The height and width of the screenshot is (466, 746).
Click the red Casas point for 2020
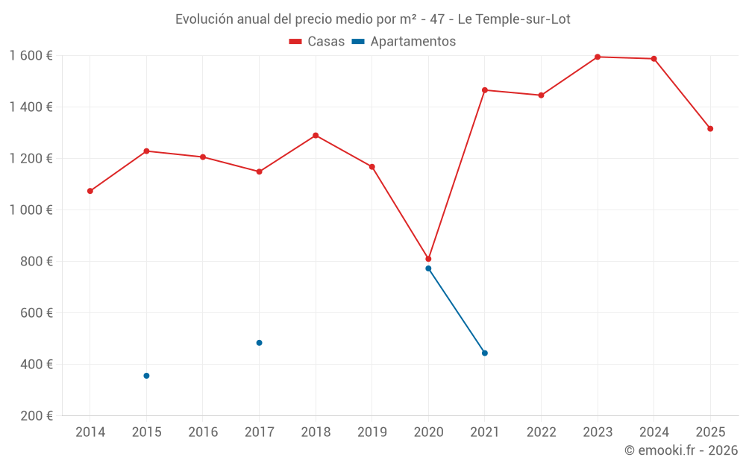coord(428,259)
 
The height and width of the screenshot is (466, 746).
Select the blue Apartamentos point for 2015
coord(146,376)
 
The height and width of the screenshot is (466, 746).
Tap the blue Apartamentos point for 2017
coord(259,343)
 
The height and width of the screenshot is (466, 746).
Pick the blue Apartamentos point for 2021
coord(485,353)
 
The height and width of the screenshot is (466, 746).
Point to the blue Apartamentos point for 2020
coord(428,268)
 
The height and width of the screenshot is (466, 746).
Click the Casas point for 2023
coord(598,57)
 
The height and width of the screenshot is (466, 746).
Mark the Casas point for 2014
coord(90,191)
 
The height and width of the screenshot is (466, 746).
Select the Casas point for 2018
coord(316,136)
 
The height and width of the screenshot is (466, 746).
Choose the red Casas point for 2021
coord(485,90)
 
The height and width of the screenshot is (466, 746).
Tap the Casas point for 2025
coord(710,129)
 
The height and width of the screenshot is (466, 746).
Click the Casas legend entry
coord(317,42)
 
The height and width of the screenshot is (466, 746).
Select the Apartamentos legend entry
coord(404,42)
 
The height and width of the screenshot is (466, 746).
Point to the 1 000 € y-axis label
coord(31,210)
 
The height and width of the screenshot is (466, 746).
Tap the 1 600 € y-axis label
coord(31,56)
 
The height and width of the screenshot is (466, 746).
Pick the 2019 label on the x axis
coord(372,432)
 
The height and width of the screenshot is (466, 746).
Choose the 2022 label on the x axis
coord(541,432)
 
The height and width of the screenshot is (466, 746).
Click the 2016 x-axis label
coord(203,432)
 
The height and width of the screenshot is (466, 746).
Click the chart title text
coord(372,19)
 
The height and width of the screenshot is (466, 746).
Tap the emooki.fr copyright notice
coord(680,450)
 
